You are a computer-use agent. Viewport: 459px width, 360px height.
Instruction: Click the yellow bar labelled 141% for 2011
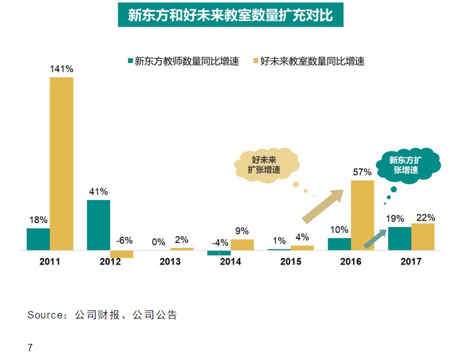pos(61,164)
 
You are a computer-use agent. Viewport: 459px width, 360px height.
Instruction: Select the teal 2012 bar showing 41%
pos(98,225)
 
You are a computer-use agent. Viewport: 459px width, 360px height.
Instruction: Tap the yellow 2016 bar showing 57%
pos(362,215)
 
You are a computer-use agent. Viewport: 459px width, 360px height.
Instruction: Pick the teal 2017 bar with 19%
pos(399,239)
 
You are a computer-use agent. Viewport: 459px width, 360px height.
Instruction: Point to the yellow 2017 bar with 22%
pos(423,237)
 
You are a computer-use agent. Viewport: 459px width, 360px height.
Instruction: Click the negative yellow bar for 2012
pos(122,254)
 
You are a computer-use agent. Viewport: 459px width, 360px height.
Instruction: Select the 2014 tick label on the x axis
pos(230,261)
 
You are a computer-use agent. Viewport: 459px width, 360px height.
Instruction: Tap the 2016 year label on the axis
pos(350,261)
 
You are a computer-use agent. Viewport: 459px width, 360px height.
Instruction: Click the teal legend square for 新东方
pos(130,61)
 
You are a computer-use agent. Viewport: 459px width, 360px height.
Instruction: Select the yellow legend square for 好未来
pos(255,61)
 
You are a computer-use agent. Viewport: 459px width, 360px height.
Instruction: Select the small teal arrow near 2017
pos(374,239)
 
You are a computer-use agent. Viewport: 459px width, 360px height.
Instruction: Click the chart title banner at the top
pos(230,15)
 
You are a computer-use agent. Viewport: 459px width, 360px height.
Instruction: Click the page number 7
pos(30,347)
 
